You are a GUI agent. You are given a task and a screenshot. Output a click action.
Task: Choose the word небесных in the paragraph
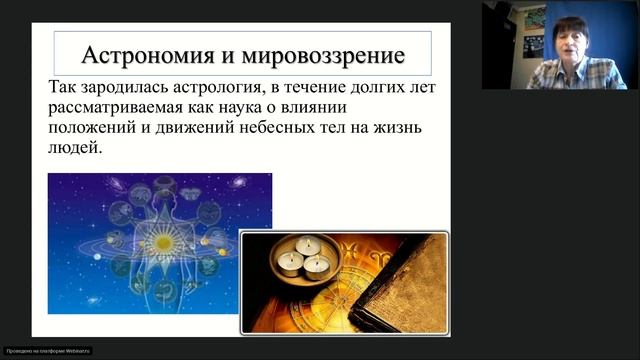coord(305,128)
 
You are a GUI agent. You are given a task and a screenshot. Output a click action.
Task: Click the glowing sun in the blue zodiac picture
coord(159,240)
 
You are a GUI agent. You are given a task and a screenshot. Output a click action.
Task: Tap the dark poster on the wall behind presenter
coord(535,30)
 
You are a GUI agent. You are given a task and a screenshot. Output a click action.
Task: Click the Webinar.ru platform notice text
coord(47,351)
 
